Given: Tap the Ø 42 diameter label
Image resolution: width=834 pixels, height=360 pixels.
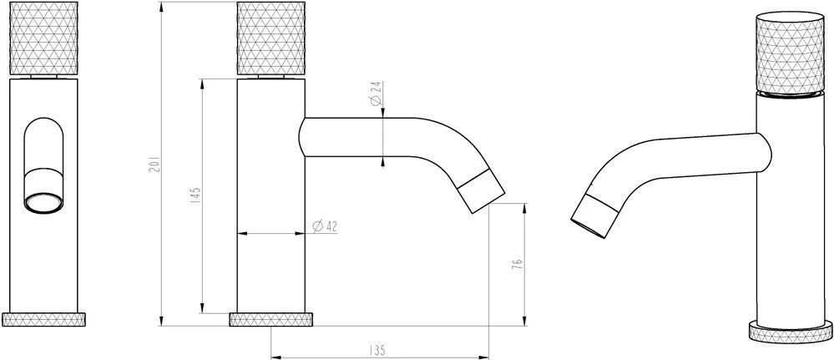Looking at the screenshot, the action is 325,226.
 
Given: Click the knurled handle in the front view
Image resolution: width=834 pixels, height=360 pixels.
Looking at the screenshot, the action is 43,38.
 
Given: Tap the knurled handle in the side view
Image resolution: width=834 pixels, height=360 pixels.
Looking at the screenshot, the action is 271,38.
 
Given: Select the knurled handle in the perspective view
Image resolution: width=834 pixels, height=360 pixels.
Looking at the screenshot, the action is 790,55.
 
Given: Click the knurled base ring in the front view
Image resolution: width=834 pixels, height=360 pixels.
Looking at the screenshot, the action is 43,320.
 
